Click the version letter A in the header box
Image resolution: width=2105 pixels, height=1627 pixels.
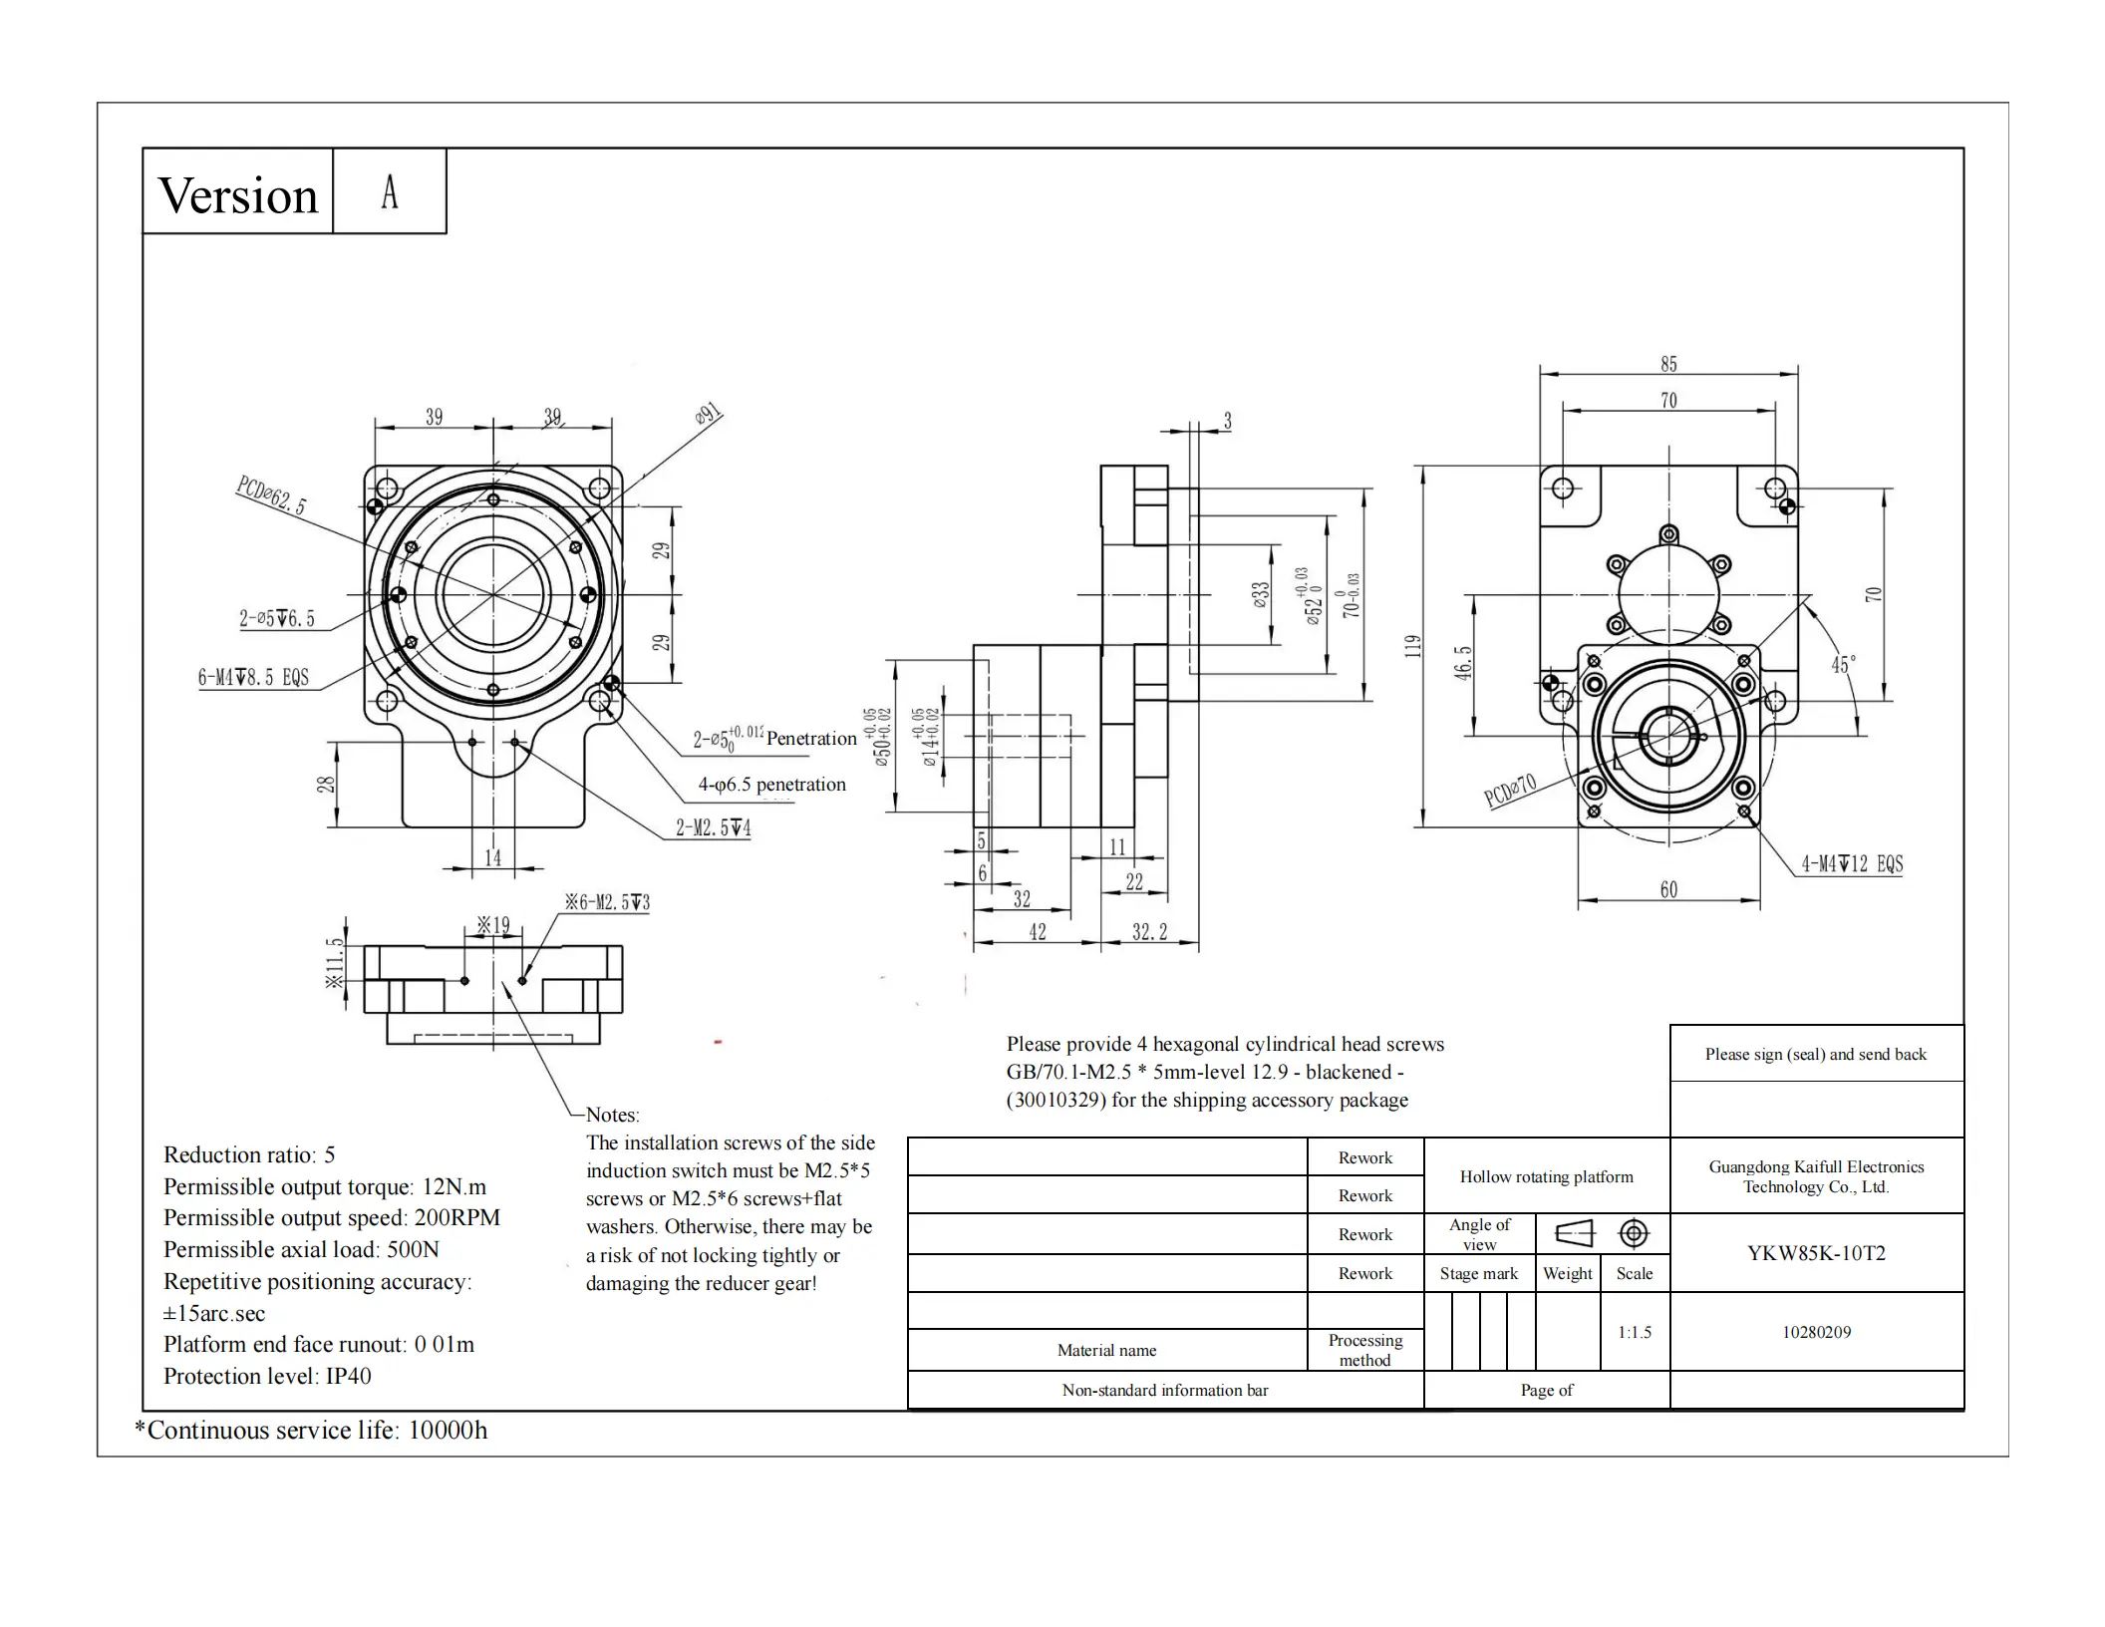(390, 192)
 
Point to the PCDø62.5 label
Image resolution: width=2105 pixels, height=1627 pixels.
(271, 494)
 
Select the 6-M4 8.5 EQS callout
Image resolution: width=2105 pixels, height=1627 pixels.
(253, 678)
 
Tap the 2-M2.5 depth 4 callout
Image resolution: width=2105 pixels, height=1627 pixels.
(713, 827)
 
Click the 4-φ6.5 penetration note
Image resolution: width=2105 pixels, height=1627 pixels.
(771, 785)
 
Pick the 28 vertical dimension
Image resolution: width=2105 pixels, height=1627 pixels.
(326, 785)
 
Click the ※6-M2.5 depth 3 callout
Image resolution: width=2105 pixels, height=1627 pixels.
(607, 902)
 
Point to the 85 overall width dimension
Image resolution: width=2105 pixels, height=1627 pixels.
(1668, 365)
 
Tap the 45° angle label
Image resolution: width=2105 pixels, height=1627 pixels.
(1843, 665)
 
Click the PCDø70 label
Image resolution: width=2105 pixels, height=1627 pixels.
(1509, 791)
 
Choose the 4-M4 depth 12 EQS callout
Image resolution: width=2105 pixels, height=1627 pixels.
(1851, 864)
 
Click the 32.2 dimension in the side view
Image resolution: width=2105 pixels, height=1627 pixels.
(1149, 932)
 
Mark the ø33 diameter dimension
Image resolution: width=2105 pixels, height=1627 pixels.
(1262, 596)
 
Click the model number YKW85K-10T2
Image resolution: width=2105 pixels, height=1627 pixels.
(1816, 1253)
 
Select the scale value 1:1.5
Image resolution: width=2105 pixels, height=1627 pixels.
(1635, 1332)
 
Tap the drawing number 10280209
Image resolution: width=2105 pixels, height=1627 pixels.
(1816, 1332)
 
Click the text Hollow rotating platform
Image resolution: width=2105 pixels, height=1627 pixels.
(1546, 1176)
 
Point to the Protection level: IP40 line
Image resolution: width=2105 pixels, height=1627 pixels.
(267, 1376)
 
